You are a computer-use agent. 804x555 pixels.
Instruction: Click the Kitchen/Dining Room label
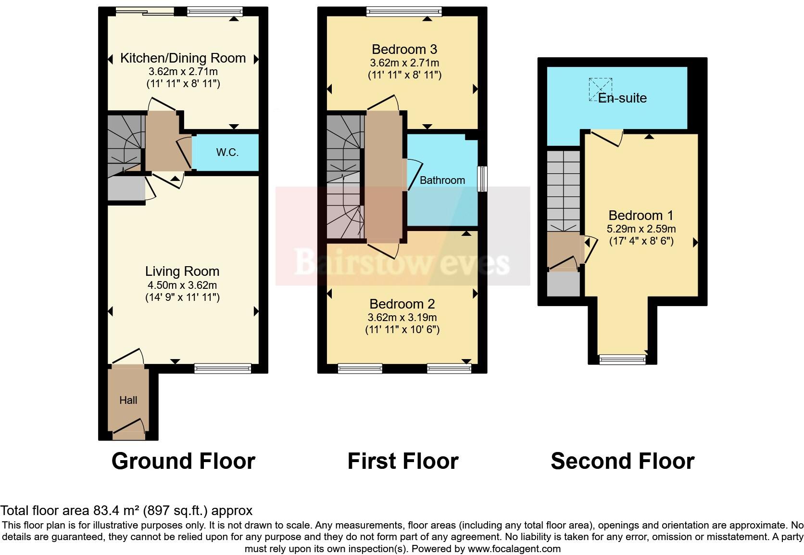coord(183,58)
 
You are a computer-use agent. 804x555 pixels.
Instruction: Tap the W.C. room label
coord(227,153)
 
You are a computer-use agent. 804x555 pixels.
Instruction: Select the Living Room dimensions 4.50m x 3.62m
coord(182,285)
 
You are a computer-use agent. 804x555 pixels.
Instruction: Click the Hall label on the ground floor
coord(128,400)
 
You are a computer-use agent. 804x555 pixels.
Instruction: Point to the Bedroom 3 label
coord(404,49)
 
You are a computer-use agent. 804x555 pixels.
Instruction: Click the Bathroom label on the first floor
coord(442,180)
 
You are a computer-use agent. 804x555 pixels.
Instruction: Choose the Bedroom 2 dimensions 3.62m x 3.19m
coord(402,317)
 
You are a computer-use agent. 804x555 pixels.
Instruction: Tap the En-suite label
coord(622,98)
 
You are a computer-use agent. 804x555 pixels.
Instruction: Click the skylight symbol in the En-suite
coord(601,90)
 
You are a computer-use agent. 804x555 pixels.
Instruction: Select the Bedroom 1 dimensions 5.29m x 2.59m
coord(641,229)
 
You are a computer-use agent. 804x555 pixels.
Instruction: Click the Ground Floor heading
coord(183,461)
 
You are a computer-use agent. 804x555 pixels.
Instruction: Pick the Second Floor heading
coord(622,461)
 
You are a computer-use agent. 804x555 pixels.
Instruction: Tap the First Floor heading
coord(403,461)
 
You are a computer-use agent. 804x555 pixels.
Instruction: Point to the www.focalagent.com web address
coord(514,548)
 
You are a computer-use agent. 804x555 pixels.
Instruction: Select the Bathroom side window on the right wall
coord(482,180)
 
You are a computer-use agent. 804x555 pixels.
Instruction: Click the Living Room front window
coord(223,369)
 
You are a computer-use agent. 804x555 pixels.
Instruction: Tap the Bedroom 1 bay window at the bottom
coord(622,359)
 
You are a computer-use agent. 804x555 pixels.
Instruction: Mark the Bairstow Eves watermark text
coord(402,262)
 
